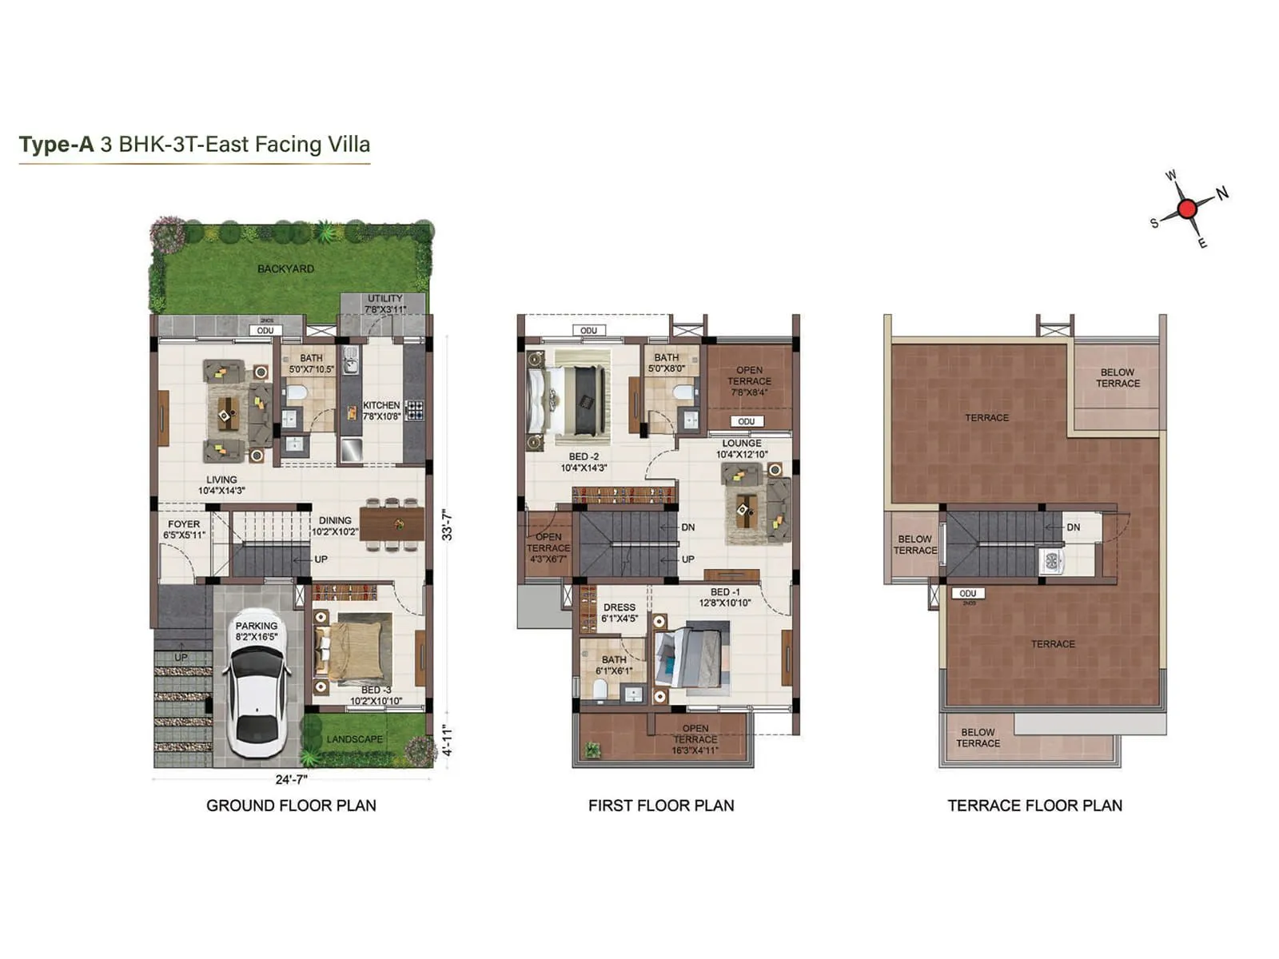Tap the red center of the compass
click(x=1187, y=209)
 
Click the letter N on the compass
click(x=1221, y=193)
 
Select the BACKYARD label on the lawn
click(x=285, y=269)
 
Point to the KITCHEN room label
click(x=381, y=405)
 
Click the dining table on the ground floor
click(x=392, y=524)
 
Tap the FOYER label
click(x=184, y=524)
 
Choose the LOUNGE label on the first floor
click(x=742, y=443)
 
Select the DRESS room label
click(x=620, y=607)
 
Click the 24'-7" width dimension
click(x=291, y=779)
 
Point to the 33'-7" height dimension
click(x=447, y=525)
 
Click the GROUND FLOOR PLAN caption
click(x=291, y=806)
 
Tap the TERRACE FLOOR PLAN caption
click(x=1034, y=806)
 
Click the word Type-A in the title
click(x=56, y=145)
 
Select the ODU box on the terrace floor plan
click(x=967, y=593)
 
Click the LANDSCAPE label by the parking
click(x=354, y=739)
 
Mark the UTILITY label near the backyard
click(x=384, y=298)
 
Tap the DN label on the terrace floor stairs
click(x=1073, y=527)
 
